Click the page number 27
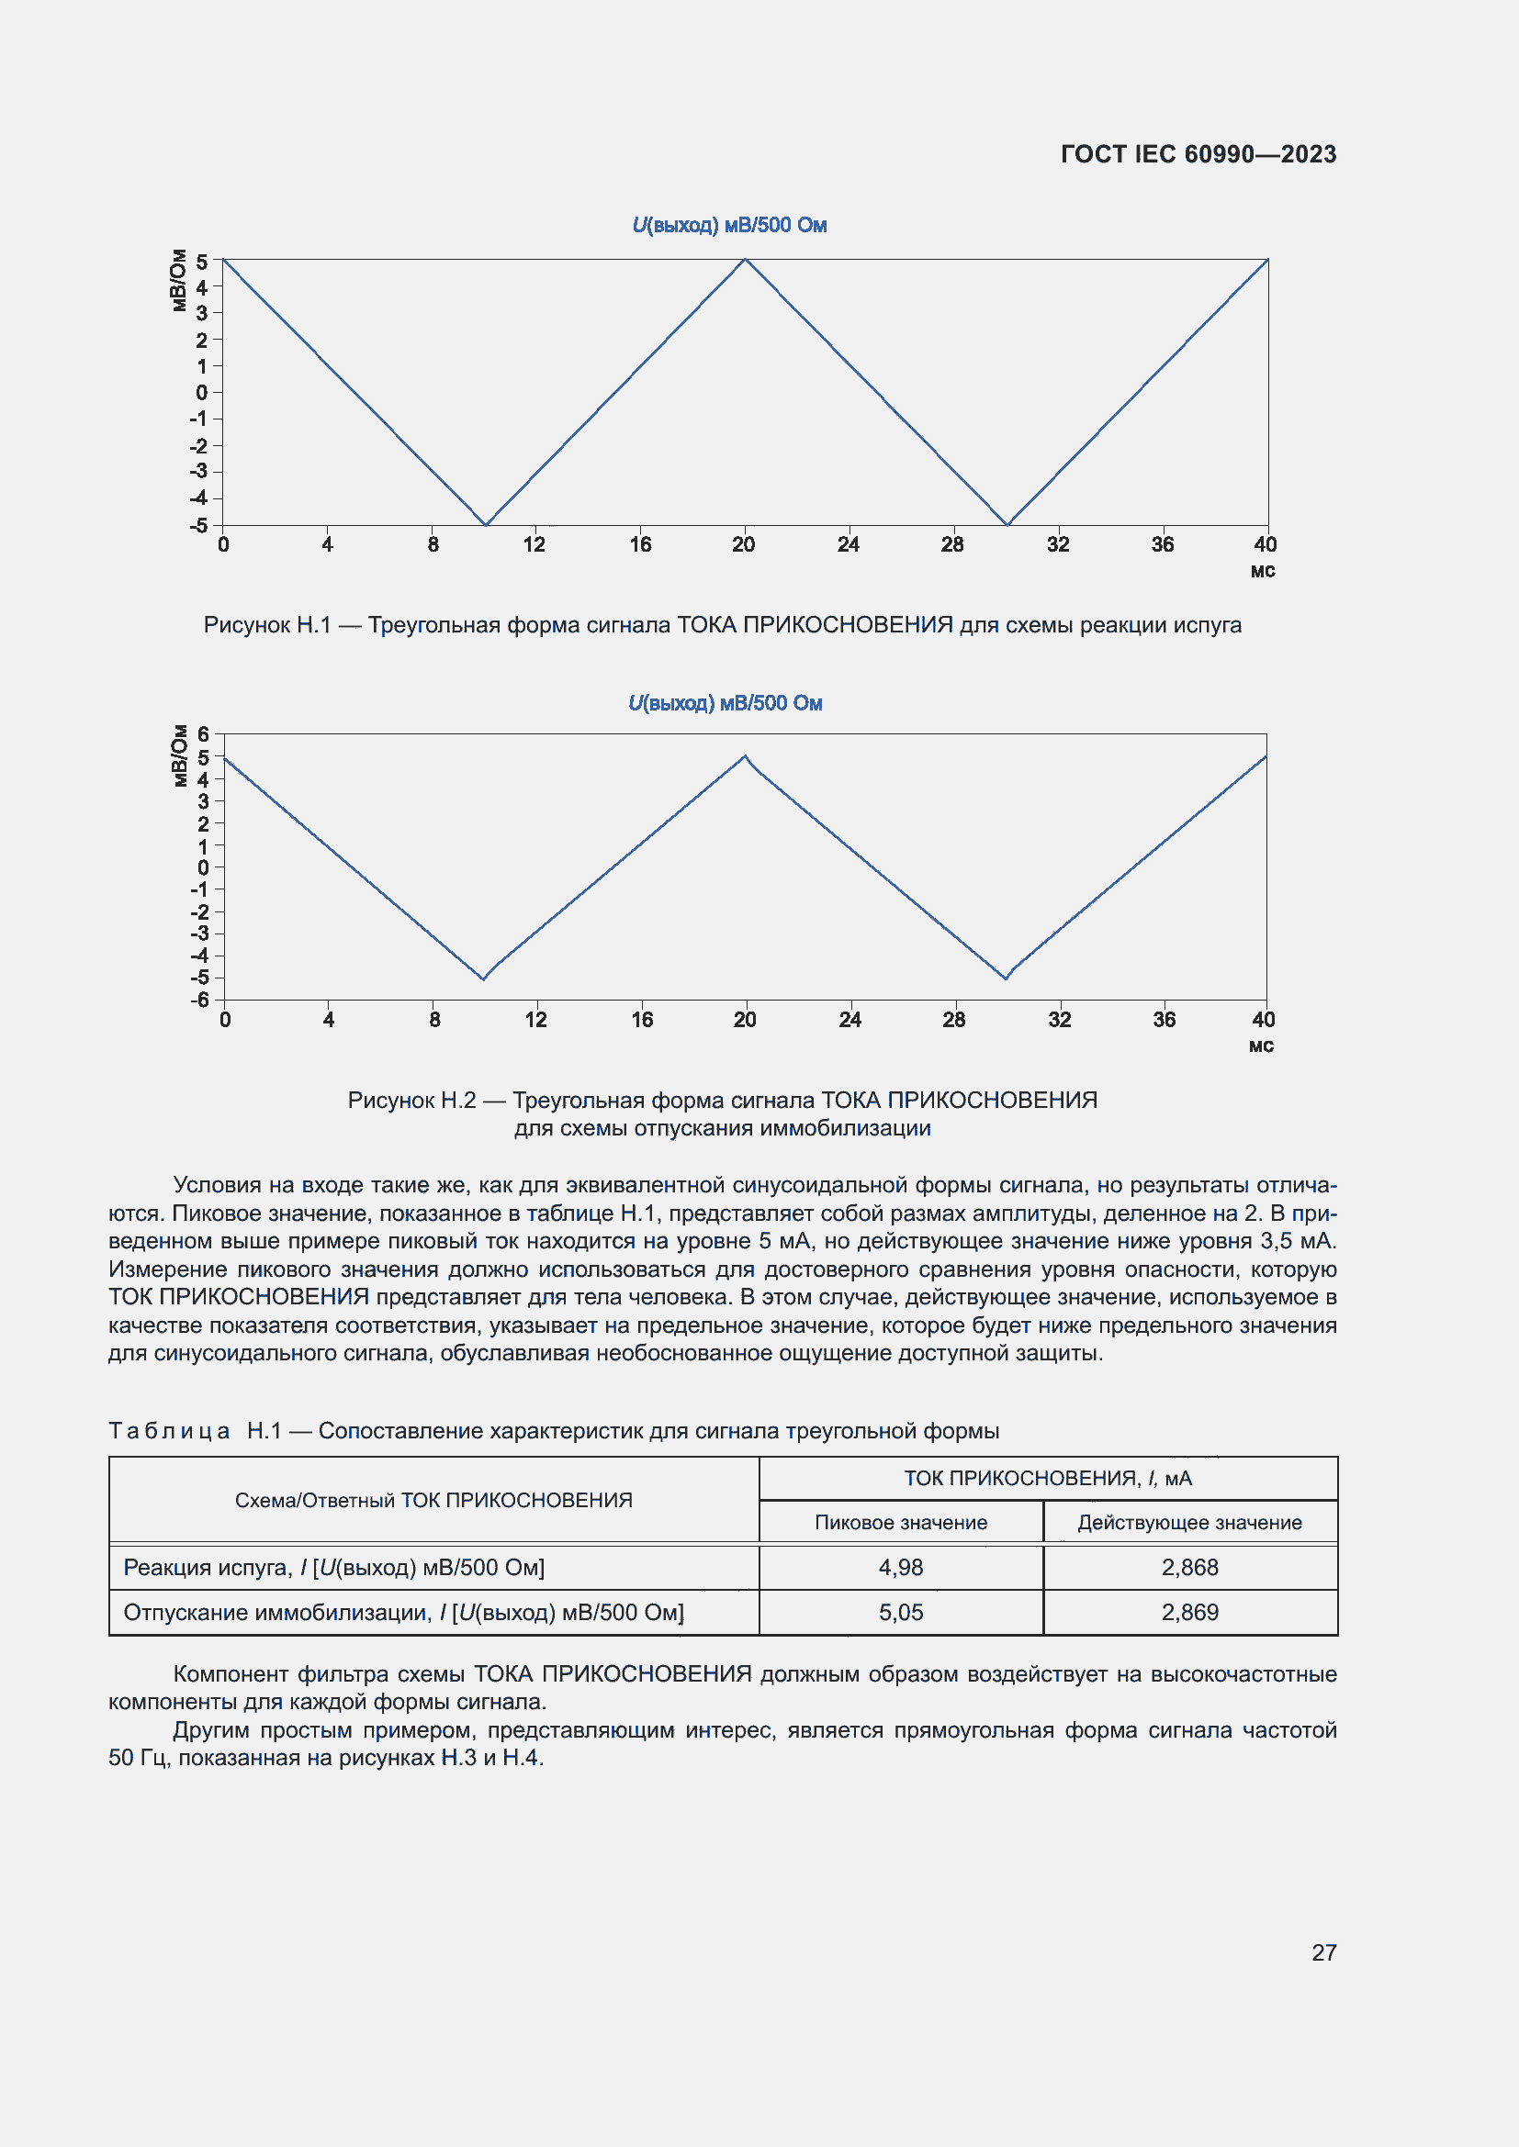pyautogui.click(x=1323, y=1952)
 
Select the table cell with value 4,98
pyautogui.click(x=900, y=1567)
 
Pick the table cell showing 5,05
pyautogui.click(x=900, y=1612)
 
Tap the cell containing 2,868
pyautogui.click(x=1189, y=1567)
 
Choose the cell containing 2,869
pyautogui.click(x=1189, y=1612)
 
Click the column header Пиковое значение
pyautogui.click(x=900, y=1522)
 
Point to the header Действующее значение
pyautogui.click(x=1189, y=1522)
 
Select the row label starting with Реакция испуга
pyautogui.click(x=334, y=1567)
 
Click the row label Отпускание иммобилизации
pyautogui.click(x=403, y=1612)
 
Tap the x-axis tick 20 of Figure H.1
pyautogui.click(x=744, y=544)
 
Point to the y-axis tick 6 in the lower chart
pyautogui.click(x=203, y=735)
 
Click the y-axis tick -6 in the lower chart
pyautogui.click(x=200, y=1000)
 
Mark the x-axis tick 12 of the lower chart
pyautogui.click(x=536, y=1019)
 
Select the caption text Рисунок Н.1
pyautogui.click(x=267, y=625)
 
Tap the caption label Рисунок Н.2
pyautogui.click(x=411, y=1100)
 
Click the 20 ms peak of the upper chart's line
pyautogui.click(x=745, y=260)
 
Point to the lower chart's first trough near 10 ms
pyautogui.click(x=484, y=978)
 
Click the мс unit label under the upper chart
pyautogui.click(x=1263, y=571)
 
